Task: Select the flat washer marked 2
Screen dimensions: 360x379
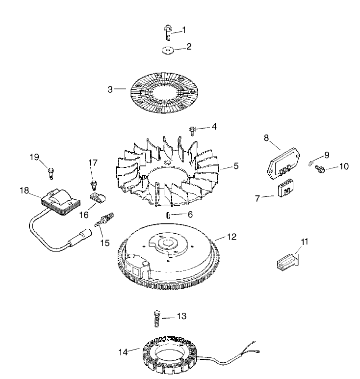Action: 168,50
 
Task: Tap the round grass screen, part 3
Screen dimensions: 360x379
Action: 164,93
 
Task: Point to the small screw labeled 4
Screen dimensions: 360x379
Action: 192,131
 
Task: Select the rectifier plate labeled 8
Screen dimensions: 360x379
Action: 283,163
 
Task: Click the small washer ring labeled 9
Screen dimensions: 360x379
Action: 310,163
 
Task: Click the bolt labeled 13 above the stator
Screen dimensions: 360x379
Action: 157,318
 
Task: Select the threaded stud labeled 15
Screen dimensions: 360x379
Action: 104,220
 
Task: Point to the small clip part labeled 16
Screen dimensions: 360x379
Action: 98,197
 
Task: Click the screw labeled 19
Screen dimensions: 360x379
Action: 51,173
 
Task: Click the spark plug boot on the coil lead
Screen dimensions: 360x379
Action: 80,238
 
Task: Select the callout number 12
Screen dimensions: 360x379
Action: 231,237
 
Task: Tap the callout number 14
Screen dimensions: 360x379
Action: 123,352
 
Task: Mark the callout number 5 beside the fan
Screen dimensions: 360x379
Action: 236,166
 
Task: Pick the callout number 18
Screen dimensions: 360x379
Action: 24,190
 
